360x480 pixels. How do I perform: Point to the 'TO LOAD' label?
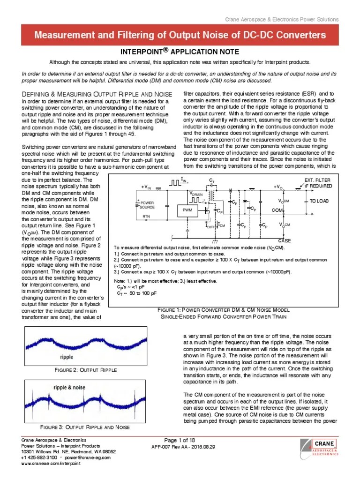click(x=320, y=201)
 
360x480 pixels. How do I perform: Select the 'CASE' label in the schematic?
click(x=285, y=240)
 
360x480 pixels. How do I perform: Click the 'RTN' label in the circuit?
click(x=146, y=217)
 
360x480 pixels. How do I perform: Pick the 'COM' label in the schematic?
click(x=277, y=210)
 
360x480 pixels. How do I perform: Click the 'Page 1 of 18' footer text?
click(x=180, y=440)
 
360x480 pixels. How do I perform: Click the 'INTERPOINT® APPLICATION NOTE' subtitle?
click(x=180, y=52)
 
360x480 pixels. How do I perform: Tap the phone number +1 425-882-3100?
click(x=39, y=457)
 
